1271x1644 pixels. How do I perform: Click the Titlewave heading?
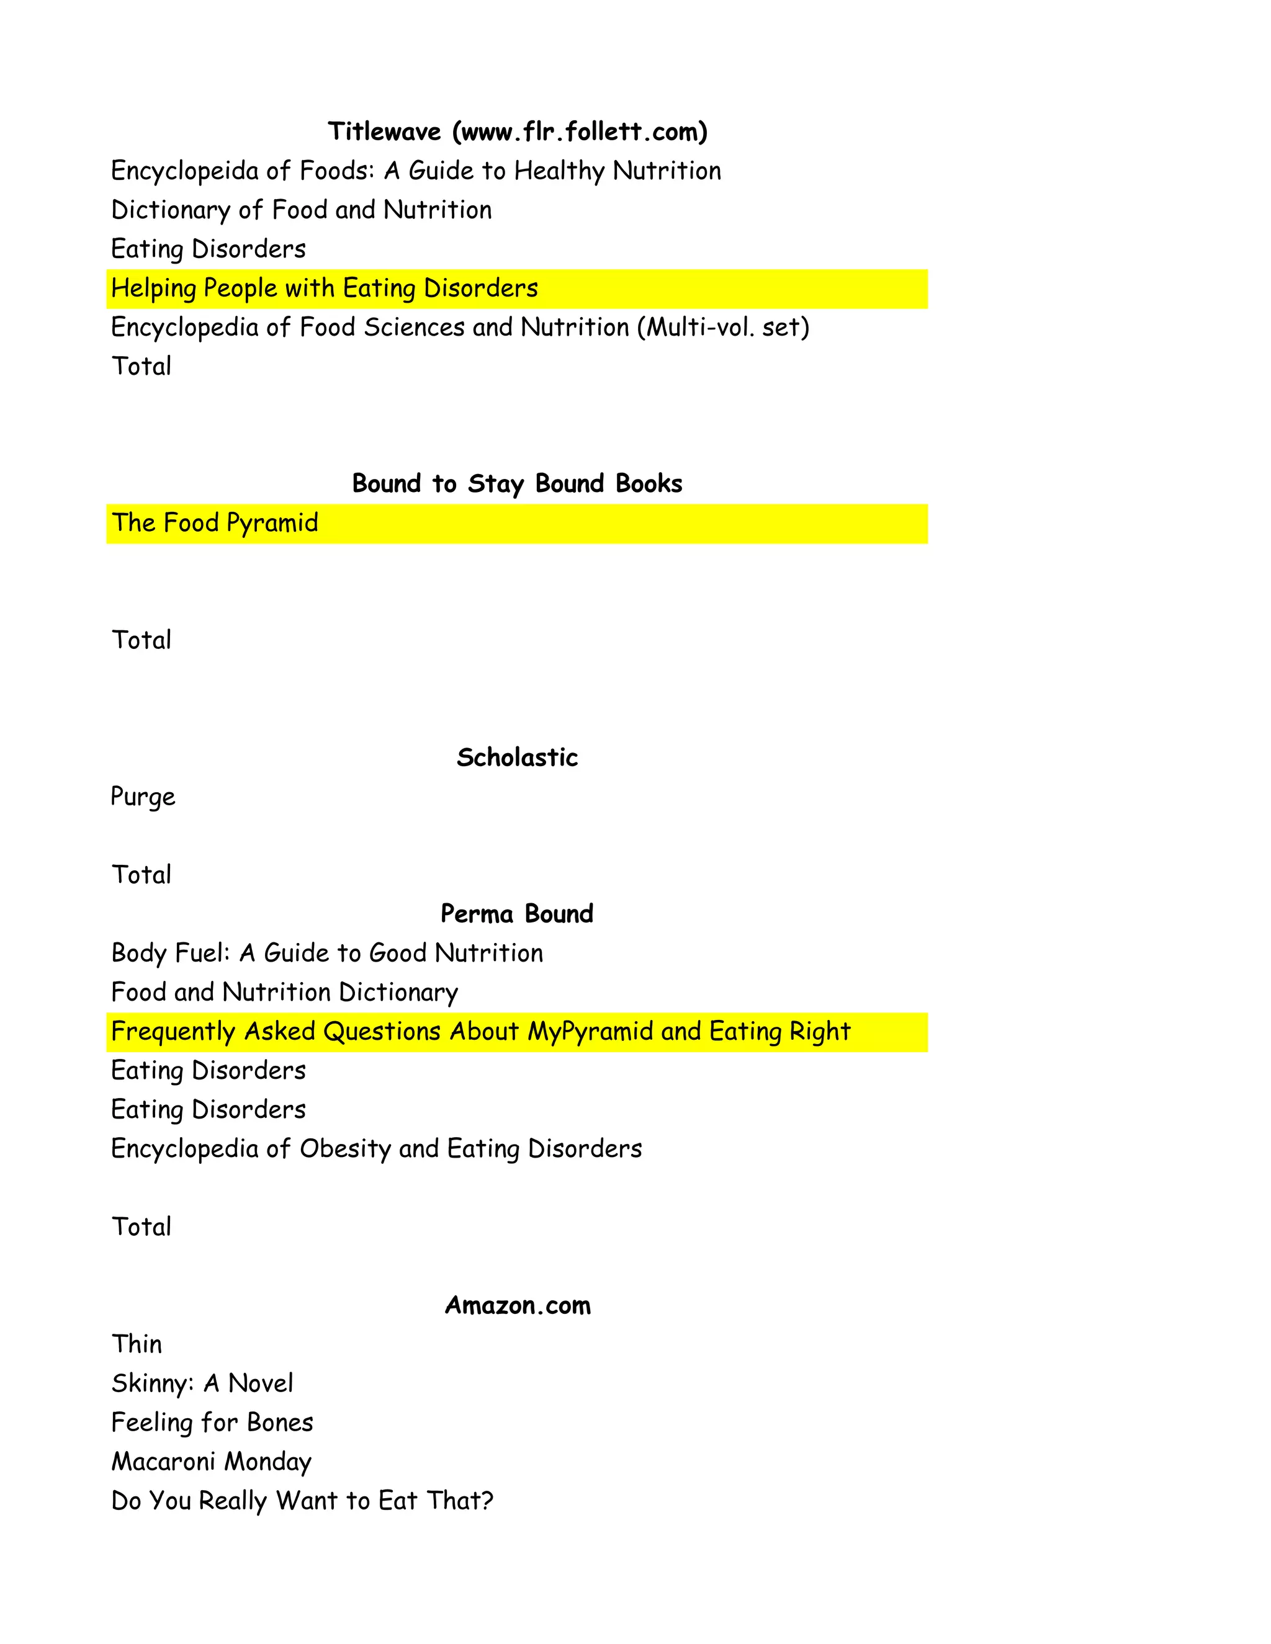pyautogui.click(x=518, y=132)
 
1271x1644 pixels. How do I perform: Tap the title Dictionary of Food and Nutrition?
pyautogui.click(x=301, y=210)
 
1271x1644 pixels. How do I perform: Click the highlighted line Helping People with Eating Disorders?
pyautogui.click(x=325, y=288)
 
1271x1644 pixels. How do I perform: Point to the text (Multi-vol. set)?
pyautogui.click(x=723, y=328)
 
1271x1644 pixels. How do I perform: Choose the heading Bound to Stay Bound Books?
pyautogui.click(x=518, y=483)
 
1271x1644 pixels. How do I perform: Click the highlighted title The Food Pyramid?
pyautogui.click(x=215, y=523)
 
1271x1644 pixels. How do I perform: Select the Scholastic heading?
pyautogui.click(x=518, y=757)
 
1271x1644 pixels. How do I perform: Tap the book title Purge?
pyautogui.click(x=143, y=797)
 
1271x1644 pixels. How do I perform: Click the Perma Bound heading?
pyautogui.click(x=518, y=914)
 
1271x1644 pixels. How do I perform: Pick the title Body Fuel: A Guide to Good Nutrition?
pyautogui.click(x=327, y=954)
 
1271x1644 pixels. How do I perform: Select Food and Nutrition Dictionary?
pyautogui.click(x=285, y=993)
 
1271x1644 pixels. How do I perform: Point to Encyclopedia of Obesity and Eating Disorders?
pyautogui.click(x=377, y=1150)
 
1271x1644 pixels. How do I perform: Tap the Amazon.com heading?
pyautogui.click(x=518, y=1305)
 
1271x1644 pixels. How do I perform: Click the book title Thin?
pyautogui.click(x=137, y=1344)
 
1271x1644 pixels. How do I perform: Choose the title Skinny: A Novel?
pyautogui.click(x=202, y=1383)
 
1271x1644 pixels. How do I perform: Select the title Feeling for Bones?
pyautogui.click(x=212, y=1423)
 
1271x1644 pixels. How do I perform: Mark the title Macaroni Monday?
pyautogui.click(x=212, y=1462)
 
